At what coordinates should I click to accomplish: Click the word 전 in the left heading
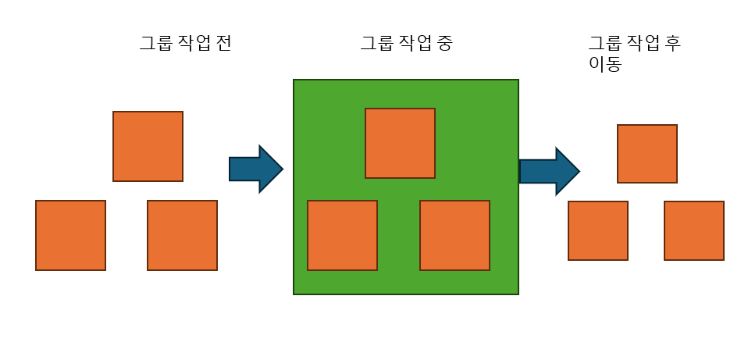223,44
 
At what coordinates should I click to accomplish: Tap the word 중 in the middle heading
444,44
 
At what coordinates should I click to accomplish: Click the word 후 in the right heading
673,44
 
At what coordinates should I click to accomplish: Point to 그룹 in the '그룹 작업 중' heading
376,44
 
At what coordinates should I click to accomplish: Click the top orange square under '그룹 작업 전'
148,146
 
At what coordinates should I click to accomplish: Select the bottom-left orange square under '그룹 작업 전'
70,235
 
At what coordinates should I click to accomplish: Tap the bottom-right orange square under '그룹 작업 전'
182,235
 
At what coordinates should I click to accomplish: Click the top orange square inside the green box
400,143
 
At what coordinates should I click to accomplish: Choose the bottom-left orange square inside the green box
342,235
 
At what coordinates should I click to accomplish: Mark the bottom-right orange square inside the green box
454,235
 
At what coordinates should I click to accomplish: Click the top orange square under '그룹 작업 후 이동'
647,154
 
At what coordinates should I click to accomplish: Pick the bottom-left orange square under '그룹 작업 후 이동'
597,230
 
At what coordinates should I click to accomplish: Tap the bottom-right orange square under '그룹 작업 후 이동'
693,230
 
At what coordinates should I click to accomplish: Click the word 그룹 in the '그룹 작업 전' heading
156,44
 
